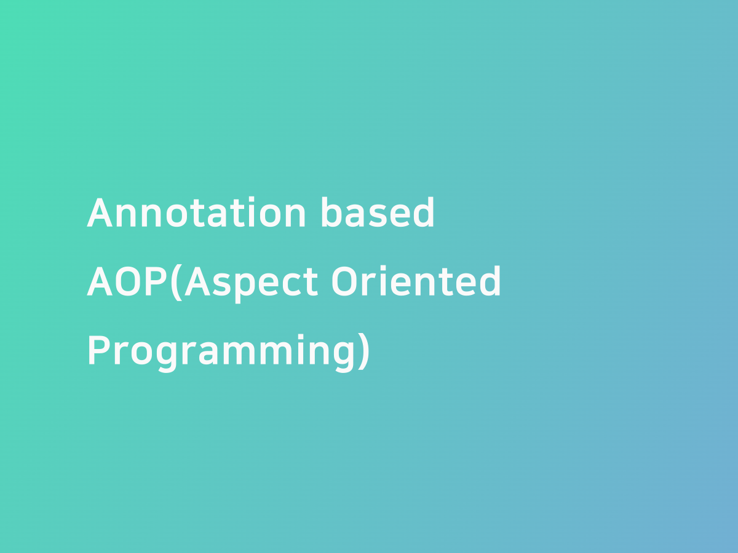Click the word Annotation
point(196,213)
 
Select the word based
point(377,213)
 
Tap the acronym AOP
point(127,282)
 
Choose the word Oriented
point(416,282)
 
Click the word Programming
point(221,352)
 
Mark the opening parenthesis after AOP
point(176,283)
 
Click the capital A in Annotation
point(99,213)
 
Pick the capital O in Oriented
point(344,282)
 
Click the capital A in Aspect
point(196,282)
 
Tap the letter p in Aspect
point(239,286)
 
